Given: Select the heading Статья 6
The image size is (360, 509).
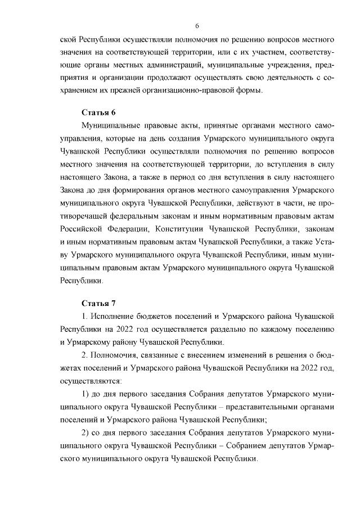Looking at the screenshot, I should (x=98, y=111).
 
